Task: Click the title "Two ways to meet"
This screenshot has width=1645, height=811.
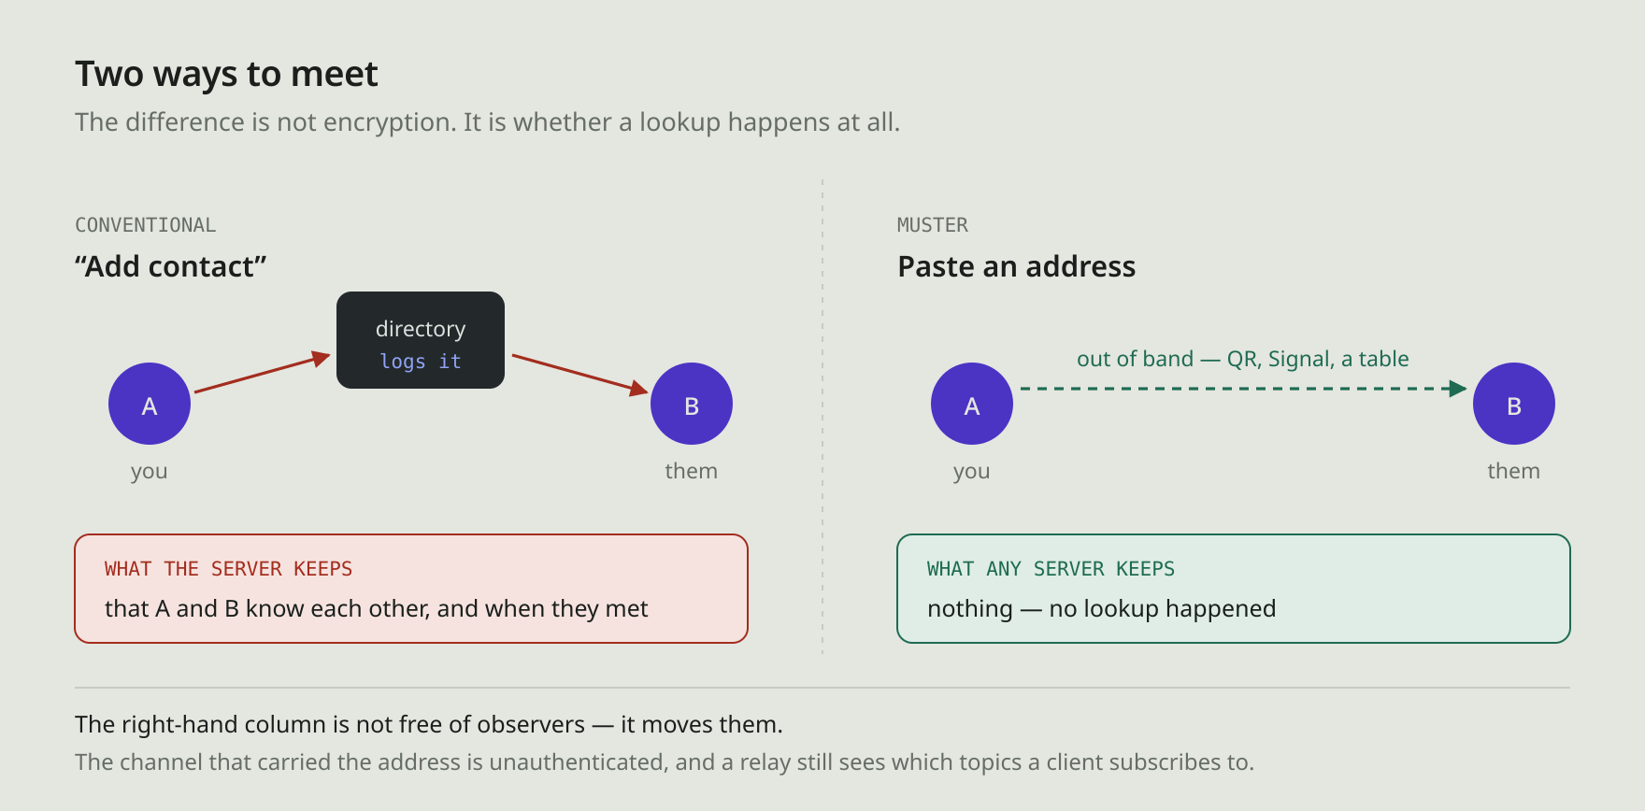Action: (x=226, y=74)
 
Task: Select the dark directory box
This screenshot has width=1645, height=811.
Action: (x=421, y=340)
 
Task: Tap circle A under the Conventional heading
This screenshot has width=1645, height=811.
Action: (x=150, y=404)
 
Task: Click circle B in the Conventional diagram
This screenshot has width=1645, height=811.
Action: (x=692, y=404)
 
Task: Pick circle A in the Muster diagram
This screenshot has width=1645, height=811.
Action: (x=972, y=404)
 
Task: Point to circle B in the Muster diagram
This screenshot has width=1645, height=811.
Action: (x=1514, y=404)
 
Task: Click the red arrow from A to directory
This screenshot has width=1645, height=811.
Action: (x=263, y=373)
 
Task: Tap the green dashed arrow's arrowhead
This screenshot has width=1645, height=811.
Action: (x=1458, y=389)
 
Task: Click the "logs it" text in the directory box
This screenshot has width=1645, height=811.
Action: (x=421, y=362)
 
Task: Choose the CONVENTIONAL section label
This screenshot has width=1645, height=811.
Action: (x=145, y=225)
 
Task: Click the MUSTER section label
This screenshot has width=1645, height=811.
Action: (x=933, y=225)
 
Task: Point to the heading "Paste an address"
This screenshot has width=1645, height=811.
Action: (x=1017, y=267)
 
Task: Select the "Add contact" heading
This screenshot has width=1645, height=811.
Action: (x=171, y=267)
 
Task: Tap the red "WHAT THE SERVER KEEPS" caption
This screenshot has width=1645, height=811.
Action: (x=228, y=569)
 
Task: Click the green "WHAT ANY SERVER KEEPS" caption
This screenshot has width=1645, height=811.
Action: (x=1051, y=569)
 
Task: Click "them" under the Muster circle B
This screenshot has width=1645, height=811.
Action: (x=1514, y=471)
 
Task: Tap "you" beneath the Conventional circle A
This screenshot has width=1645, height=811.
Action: (x=150, y=472)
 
